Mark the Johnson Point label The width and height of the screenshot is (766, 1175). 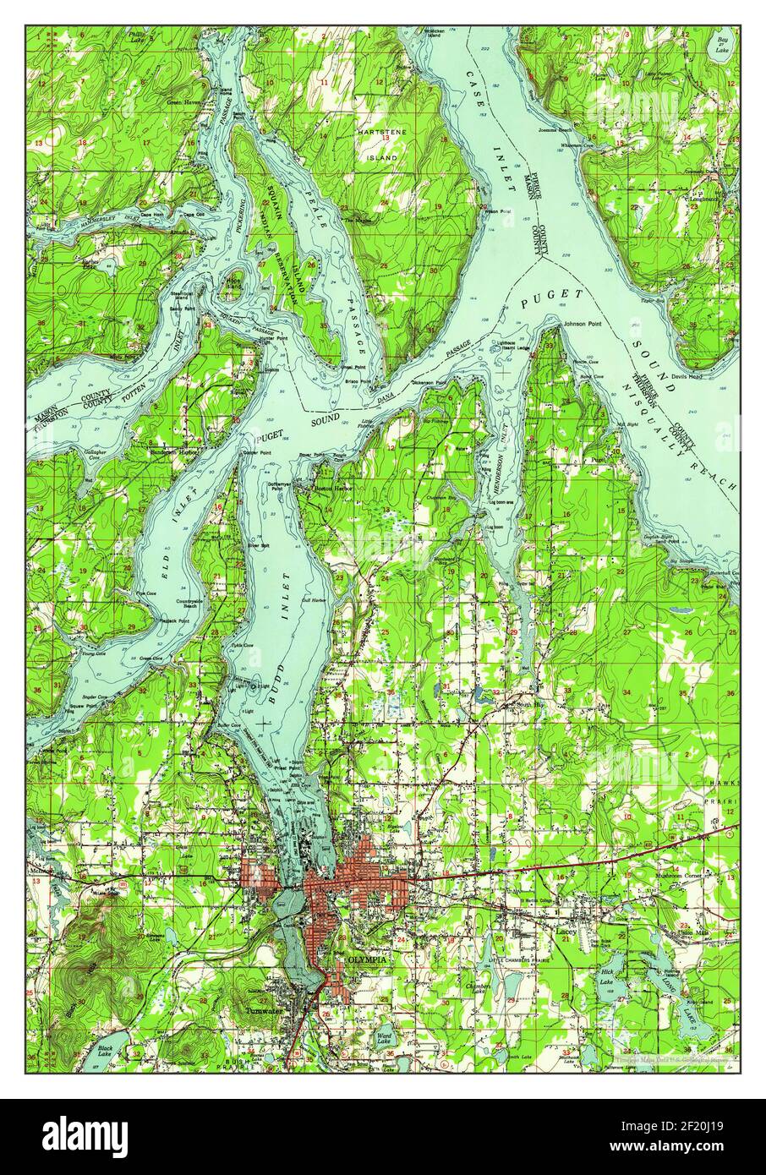(578, 320)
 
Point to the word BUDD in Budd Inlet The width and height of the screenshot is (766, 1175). (273, 675)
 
